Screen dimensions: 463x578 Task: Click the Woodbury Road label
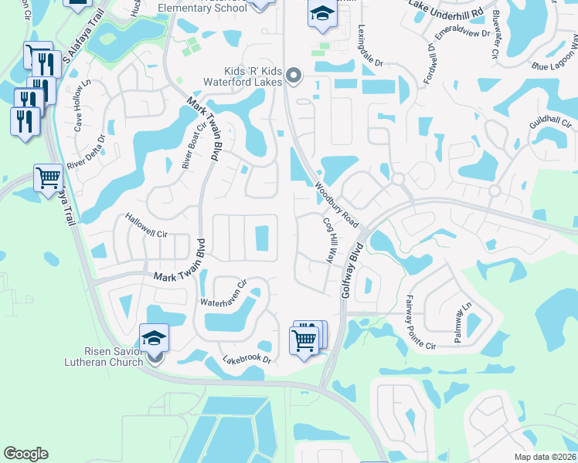pos(336,204)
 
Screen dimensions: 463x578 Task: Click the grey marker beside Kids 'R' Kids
pos(293,75)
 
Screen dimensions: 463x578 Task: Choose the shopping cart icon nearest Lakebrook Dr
pos(304,340)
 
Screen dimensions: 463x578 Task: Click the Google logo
pos(25,453)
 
